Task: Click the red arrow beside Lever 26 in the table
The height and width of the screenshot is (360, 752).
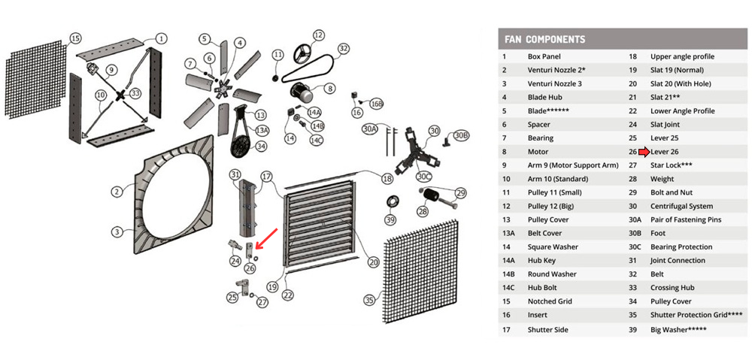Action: [644, 152]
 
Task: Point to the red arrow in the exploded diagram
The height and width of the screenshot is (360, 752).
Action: [265, 238]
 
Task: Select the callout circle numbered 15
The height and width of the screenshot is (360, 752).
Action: [74, 38]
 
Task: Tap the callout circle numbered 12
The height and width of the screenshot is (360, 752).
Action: [317, 35]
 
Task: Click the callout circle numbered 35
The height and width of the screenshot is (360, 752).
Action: [368, 300]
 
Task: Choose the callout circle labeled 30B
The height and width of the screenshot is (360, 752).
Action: [461, 135]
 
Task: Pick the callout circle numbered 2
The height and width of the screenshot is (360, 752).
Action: [117, 192]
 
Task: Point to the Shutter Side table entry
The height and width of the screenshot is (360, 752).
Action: [547, 329]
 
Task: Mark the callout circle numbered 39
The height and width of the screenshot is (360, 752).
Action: [390, 219]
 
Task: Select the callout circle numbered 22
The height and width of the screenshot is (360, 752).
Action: [287, 296]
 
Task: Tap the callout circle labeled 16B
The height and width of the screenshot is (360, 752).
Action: [377, 104]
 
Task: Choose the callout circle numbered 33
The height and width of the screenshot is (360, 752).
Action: [135, 93]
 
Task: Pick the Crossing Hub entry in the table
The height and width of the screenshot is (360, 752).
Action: [672, 288]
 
